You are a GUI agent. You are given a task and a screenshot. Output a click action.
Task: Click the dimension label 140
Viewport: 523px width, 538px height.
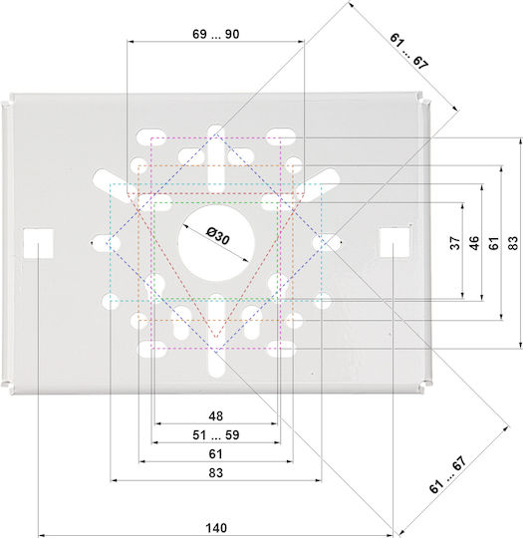click(x=216, y=528)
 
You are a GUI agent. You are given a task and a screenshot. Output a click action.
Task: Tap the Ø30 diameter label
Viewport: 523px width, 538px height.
click(x=217, y=236)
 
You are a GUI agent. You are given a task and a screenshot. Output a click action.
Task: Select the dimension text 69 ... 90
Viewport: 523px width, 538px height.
click(x=215, y=34)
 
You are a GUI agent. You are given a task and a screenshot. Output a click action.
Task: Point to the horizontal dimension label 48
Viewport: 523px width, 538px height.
click(x=215, y=415)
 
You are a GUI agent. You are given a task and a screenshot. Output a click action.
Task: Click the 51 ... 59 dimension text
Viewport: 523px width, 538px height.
click(x=215, y=434)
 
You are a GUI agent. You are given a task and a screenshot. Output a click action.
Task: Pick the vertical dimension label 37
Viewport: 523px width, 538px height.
click(x=455, y=243)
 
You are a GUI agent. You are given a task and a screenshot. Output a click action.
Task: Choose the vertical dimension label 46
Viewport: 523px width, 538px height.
click(x=474, y=243)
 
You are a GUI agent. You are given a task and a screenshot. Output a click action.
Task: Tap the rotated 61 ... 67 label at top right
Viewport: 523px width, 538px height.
click(x=408, y=52)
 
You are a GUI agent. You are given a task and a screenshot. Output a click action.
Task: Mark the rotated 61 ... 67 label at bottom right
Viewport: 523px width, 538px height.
click(x=448, y=474)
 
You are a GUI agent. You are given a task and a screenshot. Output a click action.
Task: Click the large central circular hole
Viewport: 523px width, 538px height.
click(x=216, y=242)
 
